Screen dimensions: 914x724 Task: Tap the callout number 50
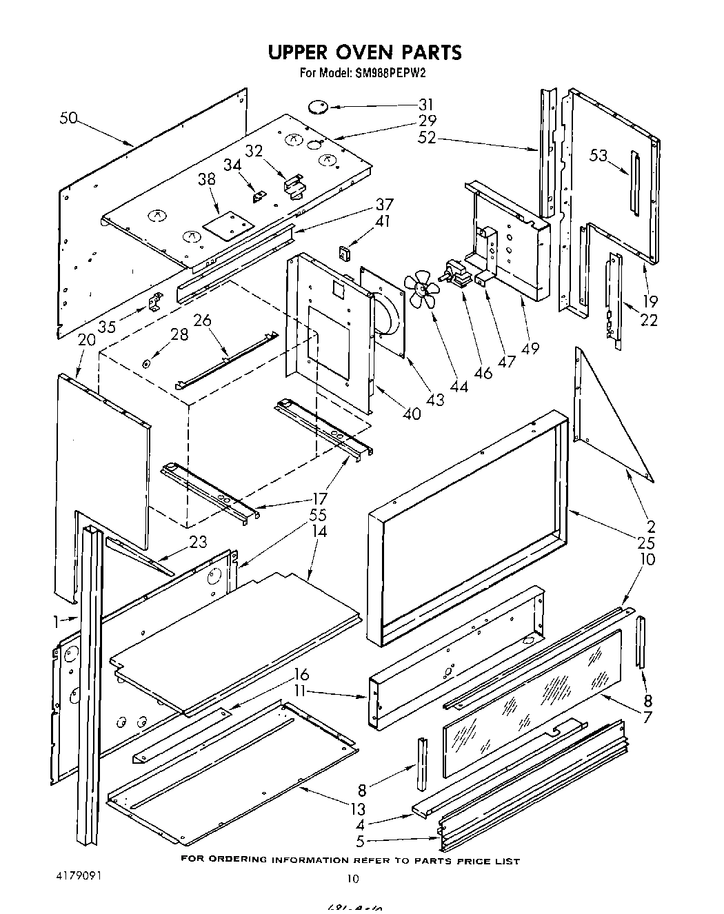point(68,118)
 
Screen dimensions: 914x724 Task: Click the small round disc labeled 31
point(317,106)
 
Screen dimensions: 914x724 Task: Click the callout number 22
point(649,320)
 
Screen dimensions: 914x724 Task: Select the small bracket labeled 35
point(156,301)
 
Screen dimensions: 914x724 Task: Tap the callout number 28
point(179,334)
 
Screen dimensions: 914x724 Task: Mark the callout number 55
point(318,515)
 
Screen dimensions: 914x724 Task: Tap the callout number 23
point(198,542)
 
